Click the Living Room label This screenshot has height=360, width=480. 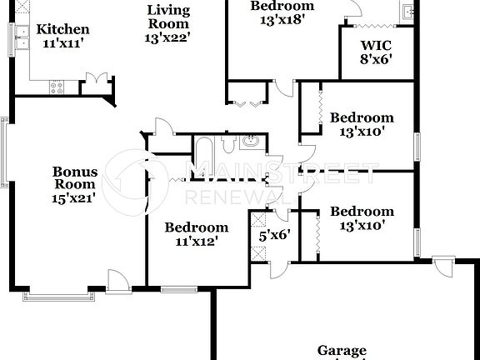(167, 18)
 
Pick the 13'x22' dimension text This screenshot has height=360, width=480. (167, 37)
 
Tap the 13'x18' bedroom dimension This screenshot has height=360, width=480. (282, 19)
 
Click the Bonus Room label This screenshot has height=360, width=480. (76, 178)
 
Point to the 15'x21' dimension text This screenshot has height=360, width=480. (76, 198)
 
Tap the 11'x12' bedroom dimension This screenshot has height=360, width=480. (196, 242)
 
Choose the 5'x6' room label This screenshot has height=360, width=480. (272, 235)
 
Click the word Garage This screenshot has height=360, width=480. (342, 351)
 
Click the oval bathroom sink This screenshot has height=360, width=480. (248, 142)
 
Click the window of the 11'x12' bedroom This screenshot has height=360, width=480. (175, 290)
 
